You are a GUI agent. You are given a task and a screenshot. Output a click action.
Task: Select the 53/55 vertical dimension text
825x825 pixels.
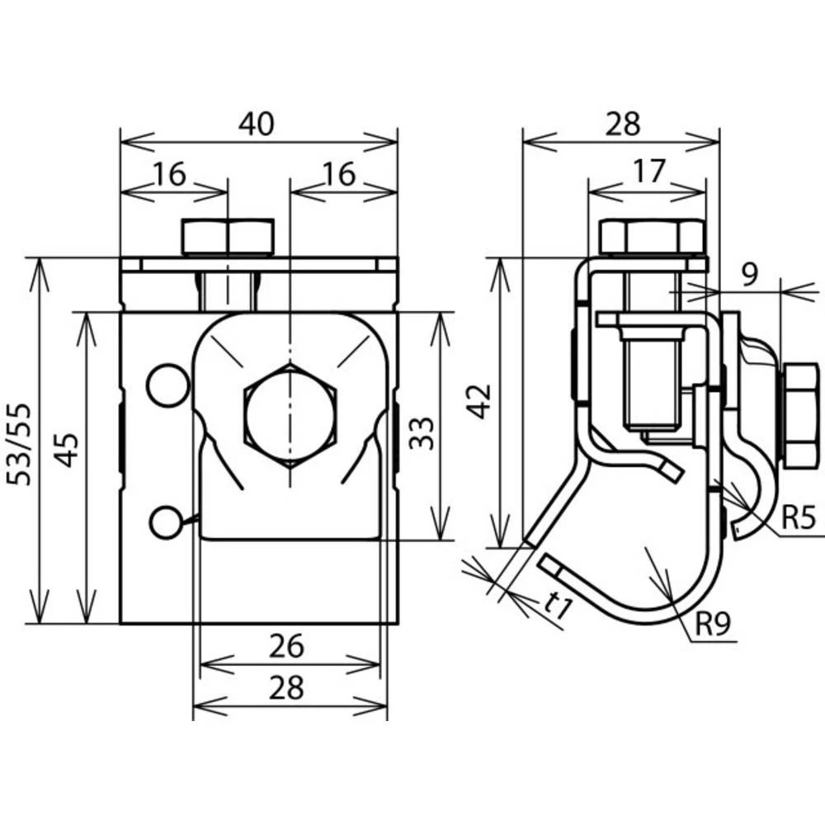(19, 444)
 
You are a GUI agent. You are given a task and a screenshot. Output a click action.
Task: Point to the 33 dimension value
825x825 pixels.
(422, 431)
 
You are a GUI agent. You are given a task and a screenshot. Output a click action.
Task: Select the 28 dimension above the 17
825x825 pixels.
(623, 124)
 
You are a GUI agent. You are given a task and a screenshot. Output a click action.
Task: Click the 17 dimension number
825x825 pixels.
(649, 172)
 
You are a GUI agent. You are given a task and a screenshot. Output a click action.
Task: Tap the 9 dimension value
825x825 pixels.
(747, 273)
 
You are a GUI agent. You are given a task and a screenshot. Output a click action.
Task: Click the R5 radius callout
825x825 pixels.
(798, 519)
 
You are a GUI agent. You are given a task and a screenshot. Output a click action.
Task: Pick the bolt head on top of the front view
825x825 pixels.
(228, 237)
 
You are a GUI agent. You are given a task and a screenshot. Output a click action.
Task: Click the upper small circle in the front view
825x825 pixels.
(167, 385)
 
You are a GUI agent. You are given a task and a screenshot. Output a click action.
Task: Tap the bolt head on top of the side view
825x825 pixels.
(652, 237)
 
